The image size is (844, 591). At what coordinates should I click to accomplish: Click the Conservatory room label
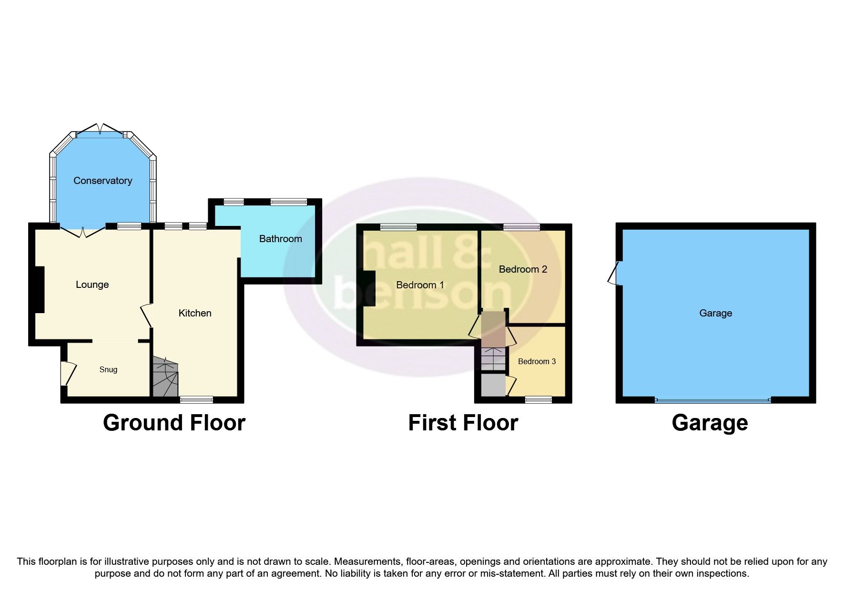(x=102, y=181)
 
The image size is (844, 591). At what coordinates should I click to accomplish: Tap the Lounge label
(x=92, y=285)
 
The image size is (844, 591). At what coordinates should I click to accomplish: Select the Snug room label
(x=108, y=369)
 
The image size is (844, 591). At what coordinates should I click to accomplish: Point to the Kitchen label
(x=194, y=313)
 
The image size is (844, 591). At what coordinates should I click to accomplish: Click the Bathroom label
(x=280, y=239)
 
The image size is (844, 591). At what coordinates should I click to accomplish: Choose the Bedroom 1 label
(x=420, y=285)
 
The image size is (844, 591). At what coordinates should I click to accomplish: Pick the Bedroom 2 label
(x=523, y=269)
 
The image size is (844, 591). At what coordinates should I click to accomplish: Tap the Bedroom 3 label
(x=537, y=361)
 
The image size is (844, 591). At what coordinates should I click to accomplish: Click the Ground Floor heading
(x=174, y=423)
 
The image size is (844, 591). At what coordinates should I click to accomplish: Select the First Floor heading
(x=463, y=423)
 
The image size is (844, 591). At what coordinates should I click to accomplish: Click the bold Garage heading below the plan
(x=709, y=423)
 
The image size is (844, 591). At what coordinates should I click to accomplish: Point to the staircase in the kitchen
(x=165, y=377)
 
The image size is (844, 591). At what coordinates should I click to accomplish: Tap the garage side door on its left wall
(x=614, y=274)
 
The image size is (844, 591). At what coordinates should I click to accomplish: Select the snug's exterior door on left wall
(x=68, y=373)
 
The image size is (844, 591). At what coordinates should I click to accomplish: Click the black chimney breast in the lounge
(x=38, y=289)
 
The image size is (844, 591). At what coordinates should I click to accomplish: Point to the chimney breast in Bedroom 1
(x=369, y=288)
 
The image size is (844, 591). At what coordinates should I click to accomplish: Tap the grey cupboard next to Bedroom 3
(x=493, y=385)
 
